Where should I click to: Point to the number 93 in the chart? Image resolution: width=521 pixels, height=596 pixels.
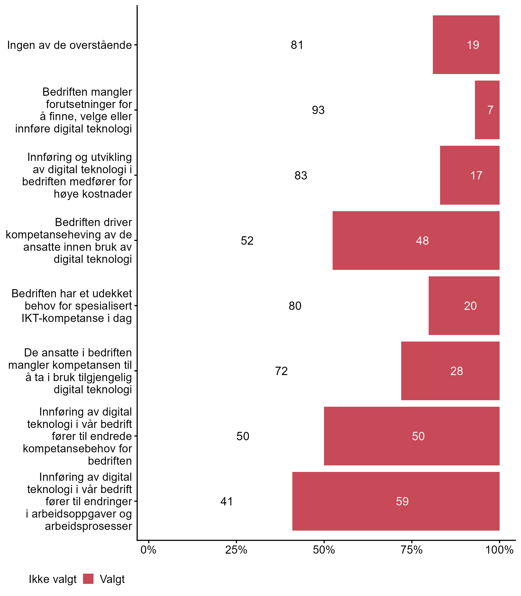(x=318, y=110)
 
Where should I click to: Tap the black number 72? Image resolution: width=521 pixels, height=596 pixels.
(x=281, y=371)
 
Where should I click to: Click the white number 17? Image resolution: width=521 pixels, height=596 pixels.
(x=476, y=176)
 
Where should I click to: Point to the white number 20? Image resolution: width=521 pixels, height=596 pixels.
(x=470, y=306)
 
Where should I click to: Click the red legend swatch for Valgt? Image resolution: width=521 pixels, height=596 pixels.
(x=88, y=579)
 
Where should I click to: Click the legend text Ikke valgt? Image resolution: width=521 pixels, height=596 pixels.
(x=53, y=579)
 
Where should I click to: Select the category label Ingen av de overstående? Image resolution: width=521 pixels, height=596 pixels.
(x=70, y=45)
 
